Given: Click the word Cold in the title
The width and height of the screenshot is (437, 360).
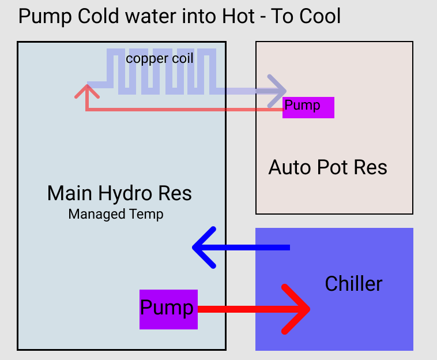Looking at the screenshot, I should (92, 16).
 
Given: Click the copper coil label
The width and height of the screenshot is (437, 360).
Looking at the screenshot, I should (160, 59).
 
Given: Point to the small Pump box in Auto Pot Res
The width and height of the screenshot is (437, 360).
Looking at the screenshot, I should (308, 107).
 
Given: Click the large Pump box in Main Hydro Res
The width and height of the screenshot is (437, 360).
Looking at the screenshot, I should (168, 309).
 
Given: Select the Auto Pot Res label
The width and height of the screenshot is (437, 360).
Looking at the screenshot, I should (327, 167).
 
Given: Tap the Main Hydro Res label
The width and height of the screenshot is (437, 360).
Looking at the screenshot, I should (119, 193).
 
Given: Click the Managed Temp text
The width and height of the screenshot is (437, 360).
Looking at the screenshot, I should (116, 215).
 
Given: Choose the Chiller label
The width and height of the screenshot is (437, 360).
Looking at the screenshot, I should (353, 283).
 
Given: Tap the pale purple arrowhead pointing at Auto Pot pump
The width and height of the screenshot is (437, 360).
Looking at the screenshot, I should (279, 91).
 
